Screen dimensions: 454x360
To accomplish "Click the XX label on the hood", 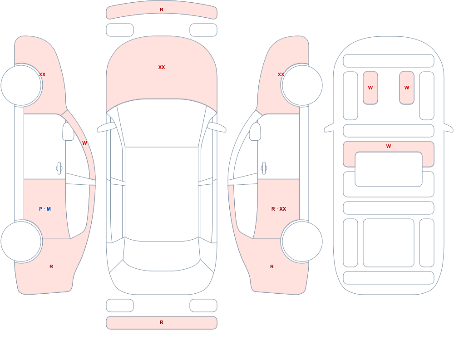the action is point(162,67).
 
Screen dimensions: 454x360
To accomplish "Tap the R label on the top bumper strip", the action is point(162,10).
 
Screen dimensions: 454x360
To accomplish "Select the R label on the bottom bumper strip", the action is point(162,322).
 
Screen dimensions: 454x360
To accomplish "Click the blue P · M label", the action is point(45,209).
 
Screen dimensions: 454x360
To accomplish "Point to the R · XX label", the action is point(279,209).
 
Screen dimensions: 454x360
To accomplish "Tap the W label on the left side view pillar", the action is point(84,143).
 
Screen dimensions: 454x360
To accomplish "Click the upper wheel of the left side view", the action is point(21,85).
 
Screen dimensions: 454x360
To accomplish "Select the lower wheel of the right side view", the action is point(302,241).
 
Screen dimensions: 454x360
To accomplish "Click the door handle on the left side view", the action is point(59,168).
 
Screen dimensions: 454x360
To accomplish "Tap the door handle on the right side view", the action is point(264,168).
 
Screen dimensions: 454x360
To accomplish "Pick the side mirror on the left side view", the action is point(68,132).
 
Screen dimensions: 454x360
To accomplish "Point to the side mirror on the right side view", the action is point(255,132).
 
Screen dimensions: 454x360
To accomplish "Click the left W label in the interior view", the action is point(370,88).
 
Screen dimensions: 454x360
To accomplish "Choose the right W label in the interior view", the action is point(406,88).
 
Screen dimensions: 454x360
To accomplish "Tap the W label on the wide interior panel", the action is point(389,146).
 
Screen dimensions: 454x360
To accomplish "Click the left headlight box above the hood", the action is point(120,30).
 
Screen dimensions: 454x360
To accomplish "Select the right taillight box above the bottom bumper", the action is point(203,306).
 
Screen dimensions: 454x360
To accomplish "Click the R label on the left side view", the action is point(51,266).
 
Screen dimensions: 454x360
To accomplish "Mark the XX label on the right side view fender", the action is point(281,74).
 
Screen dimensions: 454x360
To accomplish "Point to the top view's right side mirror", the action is point(217,127).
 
